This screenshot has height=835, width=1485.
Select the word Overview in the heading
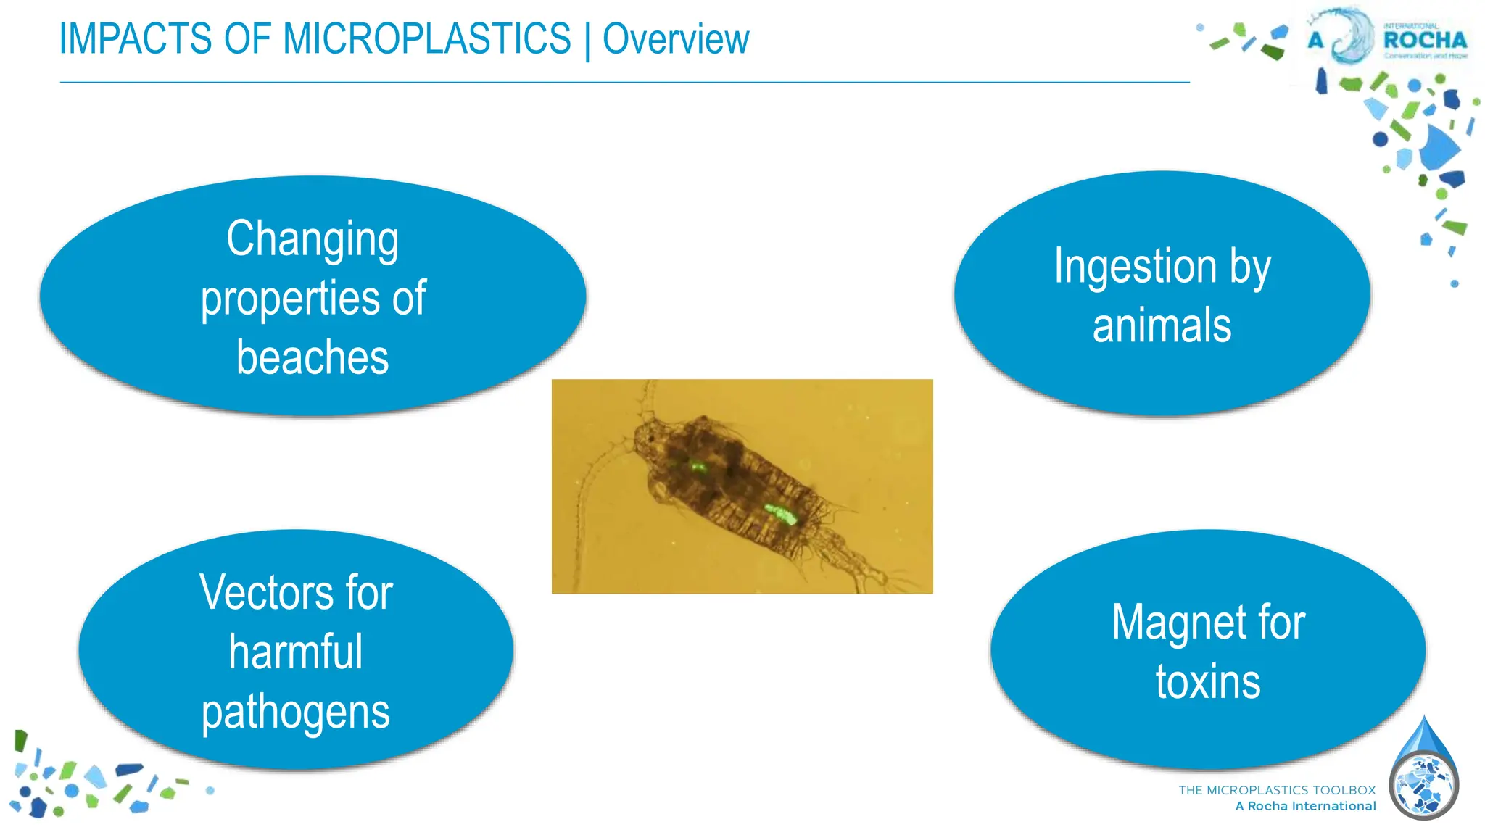676,40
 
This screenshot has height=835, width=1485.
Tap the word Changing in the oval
313,239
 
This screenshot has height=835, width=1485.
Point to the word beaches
313,357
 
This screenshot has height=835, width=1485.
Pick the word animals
1162,325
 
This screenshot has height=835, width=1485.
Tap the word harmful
296,652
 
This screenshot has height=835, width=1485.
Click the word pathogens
296,713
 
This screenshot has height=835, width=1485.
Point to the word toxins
1208,682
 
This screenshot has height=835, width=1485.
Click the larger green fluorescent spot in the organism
782,515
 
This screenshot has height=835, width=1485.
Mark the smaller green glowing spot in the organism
698,467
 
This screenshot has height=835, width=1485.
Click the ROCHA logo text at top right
1425,40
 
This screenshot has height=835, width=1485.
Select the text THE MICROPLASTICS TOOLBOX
1277,790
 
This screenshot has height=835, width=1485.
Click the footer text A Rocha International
1305,806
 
